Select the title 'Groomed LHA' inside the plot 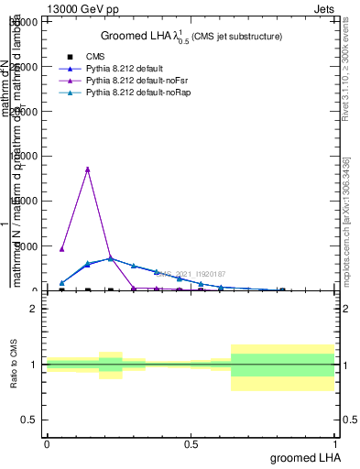point(150,36)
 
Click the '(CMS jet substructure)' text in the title point(236,37)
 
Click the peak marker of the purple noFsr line point(87,169)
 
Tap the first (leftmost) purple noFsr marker point(61,248)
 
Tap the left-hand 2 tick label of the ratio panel point(34,309)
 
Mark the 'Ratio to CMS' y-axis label point(15,365)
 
